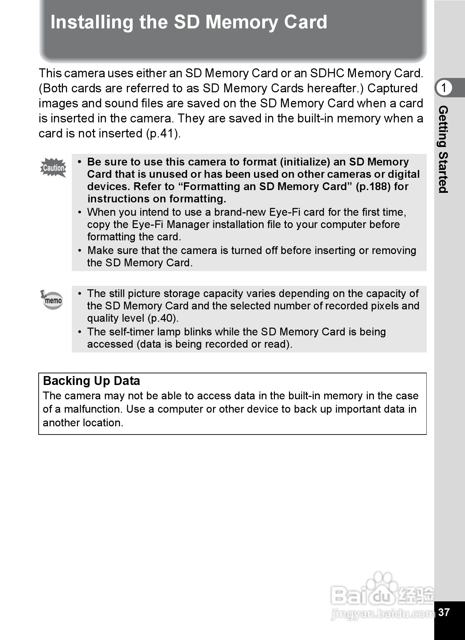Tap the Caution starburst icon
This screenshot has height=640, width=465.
pyautogui.click(x=53, y=168)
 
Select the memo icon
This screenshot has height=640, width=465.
pyautogui.click(x=52, y=300)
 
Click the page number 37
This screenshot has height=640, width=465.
pyautogui.click(x=444, y=612)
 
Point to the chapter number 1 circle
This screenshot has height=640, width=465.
pyautogui.click(x=444, y=88)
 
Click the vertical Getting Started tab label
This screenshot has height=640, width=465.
pyautogui.click(x=443, y=149)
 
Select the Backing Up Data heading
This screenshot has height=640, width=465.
pyautogui.click(x=92, y=381)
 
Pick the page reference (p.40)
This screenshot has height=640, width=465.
pyautogui.click(x=163, y=318)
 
